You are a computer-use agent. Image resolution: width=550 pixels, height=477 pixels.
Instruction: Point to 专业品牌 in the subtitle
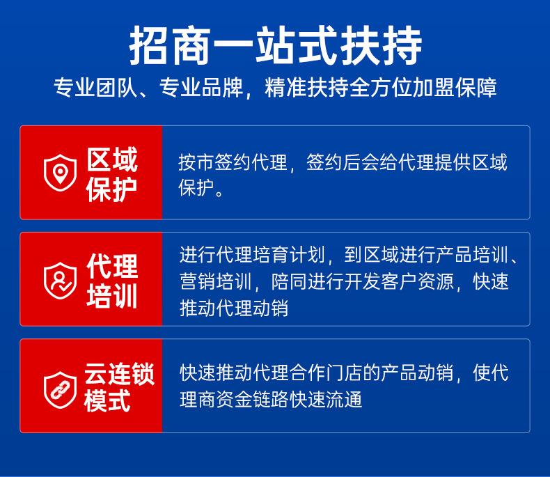tap(201, 88)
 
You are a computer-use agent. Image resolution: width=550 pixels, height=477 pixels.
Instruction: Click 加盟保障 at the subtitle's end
tap(455, 88)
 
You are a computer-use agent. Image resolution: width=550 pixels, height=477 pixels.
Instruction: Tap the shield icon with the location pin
tap(60, 173)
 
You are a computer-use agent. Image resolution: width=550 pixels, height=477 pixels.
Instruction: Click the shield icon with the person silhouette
tap(60, 281)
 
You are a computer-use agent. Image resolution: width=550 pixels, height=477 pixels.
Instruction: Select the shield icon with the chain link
tap(60, 390)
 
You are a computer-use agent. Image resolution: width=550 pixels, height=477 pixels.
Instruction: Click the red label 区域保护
tap(112, 174)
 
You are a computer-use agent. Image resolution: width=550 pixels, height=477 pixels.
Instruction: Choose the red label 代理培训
tap(112, 281)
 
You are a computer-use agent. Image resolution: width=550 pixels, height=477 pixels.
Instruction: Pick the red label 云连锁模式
tap(119, 387)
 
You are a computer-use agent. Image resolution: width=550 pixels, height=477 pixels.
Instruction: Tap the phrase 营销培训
tap(216, 281)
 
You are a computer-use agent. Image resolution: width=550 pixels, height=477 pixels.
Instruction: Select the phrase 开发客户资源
tap(399, 281)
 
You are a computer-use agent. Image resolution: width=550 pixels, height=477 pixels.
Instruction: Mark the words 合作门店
tap(326, 373)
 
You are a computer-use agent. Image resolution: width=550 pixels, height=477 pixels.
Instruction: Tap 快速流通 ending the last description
tap(326, 400)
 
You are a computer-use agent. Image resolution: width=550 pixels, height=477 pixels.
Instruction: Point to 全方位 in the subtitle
tap(382, 88)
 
